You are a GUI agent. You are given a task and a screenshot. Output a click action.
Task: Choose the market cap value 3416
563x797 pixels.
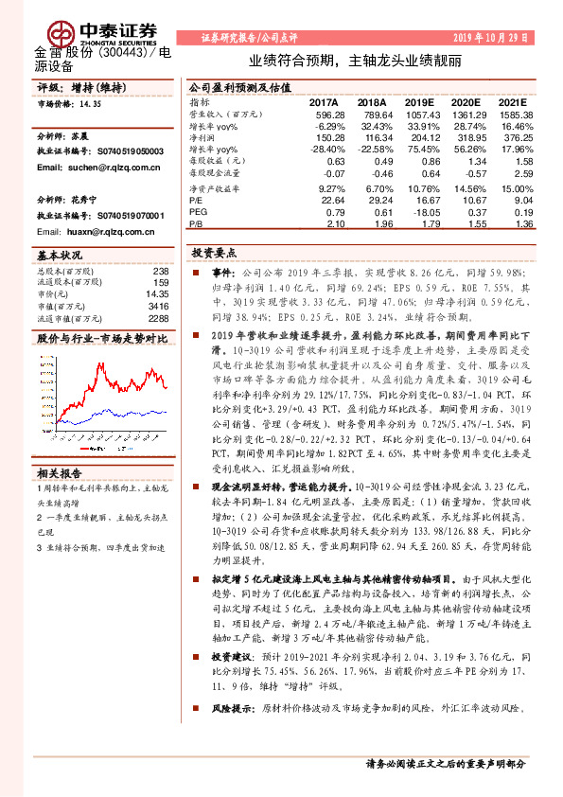tap(158, 307)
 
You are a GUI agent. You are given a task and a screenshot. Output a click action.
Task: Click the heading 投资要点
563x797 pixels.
tap(212, 254)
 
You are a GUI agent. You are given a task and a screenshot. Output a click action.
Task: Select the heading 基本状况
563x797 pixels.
tap(60, 257)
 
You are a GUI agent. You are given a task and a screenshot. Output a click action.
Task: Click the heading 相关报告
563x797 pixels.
tap(60, 472)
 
